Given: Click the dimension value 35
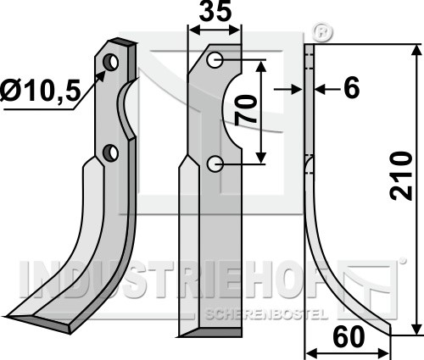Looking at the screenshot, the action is point(215,12).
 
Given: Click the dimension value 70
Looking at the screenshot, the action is point(245,110).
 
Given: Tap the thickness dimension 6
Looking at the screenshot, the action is point(351,87).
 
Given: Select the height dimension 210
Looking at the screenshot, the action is point(401,176).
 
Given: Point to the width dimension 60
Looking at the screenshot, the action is point(349,336).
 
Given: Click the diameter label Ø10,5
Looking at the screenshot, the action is point(39,90).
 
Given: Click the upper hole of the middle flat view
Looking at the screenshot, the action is point(215,60).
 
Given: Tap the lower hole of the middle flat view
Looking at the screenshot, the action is point(215,164).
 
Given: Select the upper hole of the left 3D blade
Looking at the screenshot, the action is point(111,62).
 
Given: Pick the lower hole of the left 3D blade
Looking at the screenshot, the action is point(110,152).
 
